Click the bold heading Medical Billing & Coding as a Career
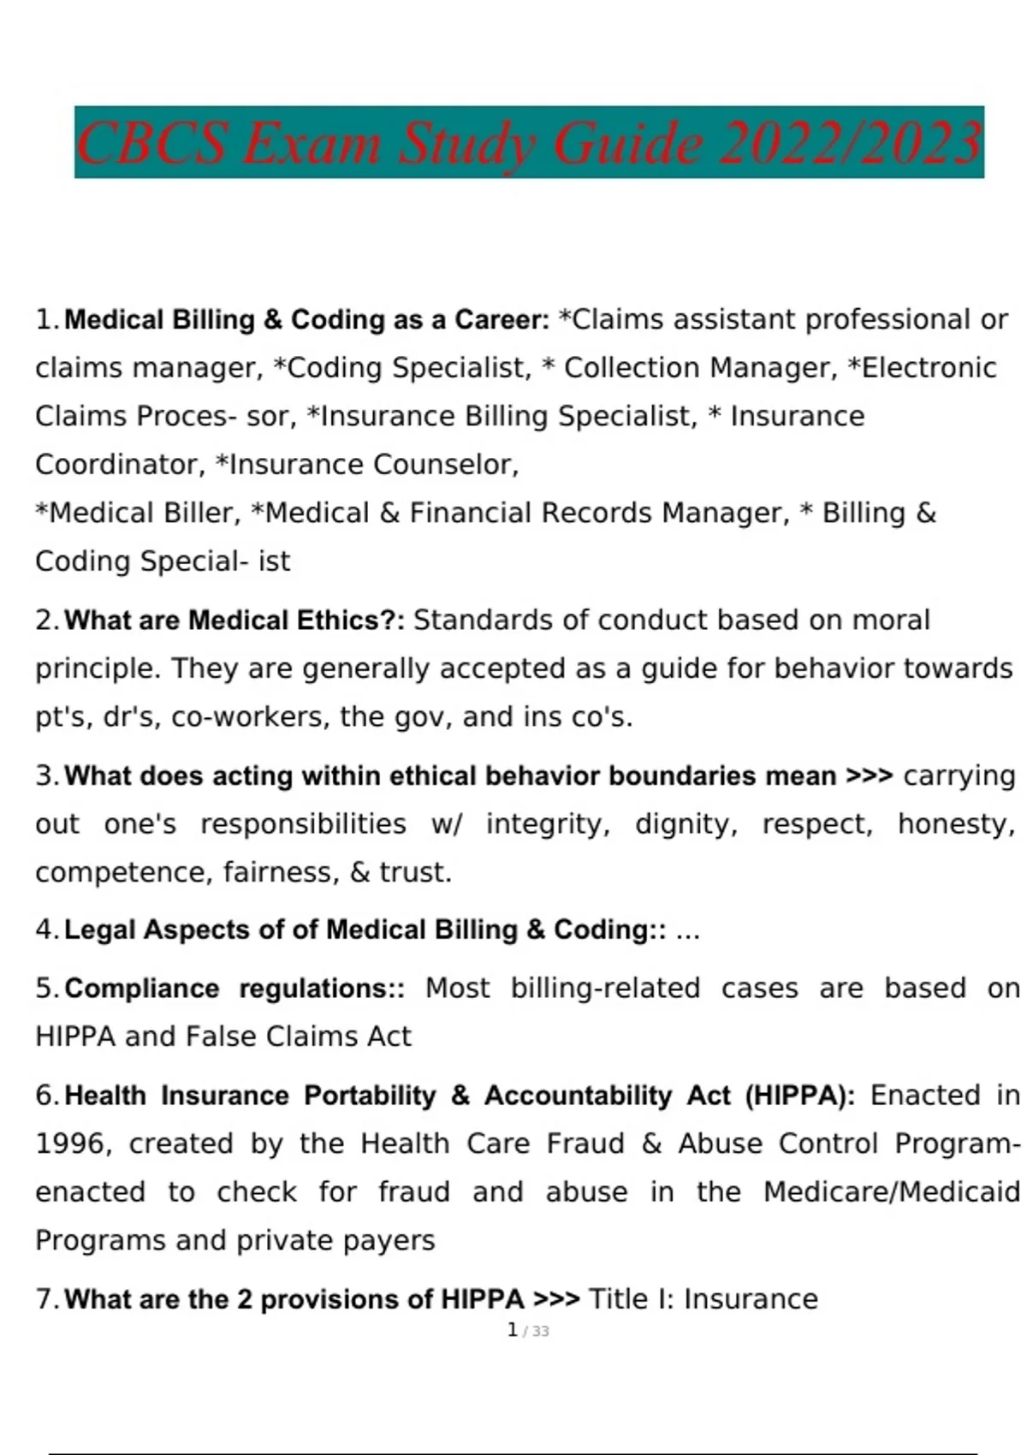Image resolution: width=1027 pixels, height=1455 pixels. [306, 320]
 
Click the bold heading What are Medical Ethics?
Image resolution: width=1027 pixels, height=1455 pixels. [234, 621]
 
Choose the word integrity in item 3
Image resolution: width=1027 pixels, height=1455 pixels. [548, 824]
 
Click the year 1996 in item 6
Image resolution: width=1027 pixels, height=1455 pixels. [74, 1144]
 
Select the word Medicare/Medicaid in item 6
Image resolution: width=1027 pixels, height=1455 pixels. [891, 1192]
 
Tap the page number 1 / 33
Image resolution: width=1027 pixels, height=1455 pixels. [527, 1331]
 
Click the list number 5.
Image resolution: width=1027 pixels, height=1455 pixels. [46, 989]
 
